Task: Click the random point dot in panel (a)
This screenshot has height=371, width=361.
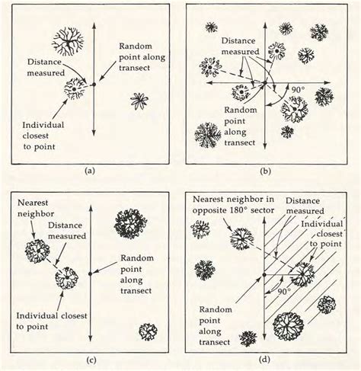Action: (91, 85)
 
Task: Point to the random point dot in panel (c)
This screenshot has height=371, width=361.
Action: (91, 272)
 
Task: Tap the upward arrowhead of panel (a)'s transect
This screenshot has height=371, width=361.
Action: (91, 9)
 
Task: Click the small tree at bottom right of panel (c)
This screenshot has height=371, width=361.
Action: (149, 331)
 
